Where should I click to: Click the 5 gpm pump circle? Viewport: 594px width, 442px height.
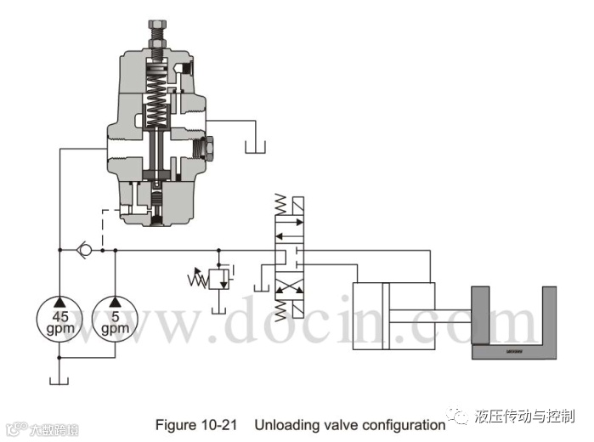[x=112, y=317]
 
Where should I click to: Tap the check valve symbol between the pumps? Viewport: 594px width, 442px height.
[x=82, y=250]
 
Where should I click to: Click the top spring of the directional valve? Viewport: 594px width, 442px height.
[x=280, y=205]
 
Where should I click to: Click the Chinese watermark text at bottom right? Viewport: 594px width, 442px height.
[x=524, y=416]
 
